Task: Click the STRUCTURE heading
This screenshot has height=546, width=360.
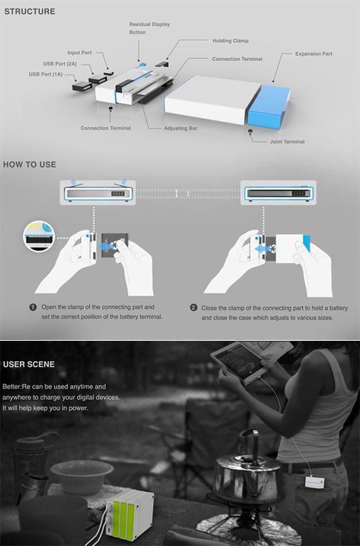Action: coord(29,11)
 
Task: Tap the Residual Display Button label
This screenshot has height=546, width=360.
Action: coord(149,28)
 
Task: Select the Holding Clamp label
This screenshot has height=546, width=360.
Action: coord(230,41)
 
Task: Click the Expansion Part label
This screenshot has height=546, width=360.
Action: coord(314,53)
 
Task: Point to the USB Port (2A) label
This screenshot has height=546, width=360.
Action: coord(60,64)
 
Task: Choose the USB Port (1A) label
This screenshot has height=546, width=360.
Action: coord(46,74)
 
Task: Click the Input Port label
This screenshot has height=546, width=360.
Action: coord(79,53)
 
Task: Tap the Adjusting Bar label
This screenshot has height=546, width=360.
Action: coord(181,128)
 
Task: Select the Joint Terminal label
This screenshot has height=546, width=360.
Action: coord(287,142)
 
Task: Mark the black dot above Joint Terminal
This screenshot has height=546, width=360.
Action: coord(250,131)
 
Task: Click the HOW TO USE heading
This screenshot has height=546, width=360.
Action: coord(29,164)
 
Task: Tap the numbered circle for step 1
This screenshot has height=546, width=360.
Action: coord(33,307)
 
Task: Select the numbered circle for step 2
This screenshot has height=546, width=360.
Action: coord(194,308)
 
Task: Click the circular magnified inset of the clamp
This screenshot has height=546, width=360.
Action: coord(39,236)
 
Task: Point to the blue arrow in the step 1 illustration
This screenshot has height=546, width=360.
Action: coord(105,247)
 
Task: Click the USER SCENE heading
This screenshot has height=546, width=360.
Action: coord(29,364)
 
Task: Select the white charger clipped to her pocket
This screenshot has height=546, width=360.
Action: coord(315,482)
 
